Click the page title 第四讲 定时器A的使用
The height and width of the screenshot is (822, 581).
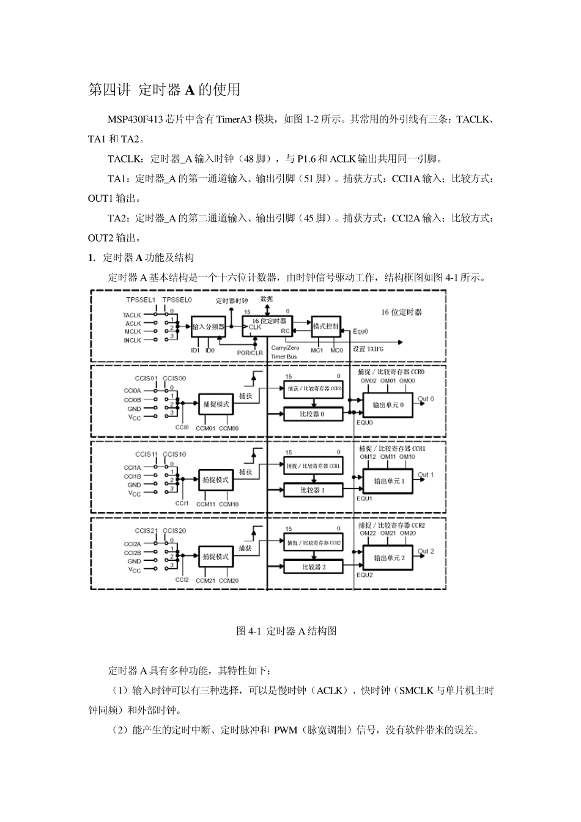coord(165,90)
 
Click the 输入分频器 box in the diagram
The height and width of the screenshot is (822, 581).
coord(209,327)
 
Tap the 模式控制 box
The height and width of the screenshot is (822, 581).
coord(325,327)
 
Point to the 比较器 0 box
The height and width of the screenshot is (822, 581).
coord(313,414)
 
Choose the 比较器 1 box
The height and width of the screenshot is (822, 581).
coord(313,490)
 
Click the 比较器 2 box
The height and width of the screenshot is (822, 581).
coord(313,567)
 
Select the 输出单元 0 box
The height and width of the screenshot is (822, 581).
coord(388,405)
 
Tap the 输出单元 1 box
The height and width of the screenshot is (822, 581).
coord(389,481)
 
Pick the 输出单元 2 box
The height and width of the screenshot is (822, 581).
coord(389,558)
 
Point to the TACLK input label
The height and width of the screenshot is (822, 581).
coord(132,315)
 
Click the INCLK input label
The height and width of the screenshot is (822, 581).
coord(132,340)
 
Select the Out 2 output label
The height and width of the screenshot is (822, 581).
coord(426,551)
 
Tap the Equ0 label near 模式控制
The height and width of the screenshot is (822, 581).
coord(361,331)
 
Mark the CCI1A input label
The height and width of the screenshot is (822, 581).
coord(133,467)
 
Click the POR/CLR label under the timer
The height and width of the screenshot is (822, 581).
coord(250,352)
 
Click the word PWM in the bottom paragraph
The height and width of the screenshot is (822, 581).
coord(286,730)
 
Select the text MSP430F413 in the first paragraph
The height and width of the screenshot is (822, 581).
coord(136,119)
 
